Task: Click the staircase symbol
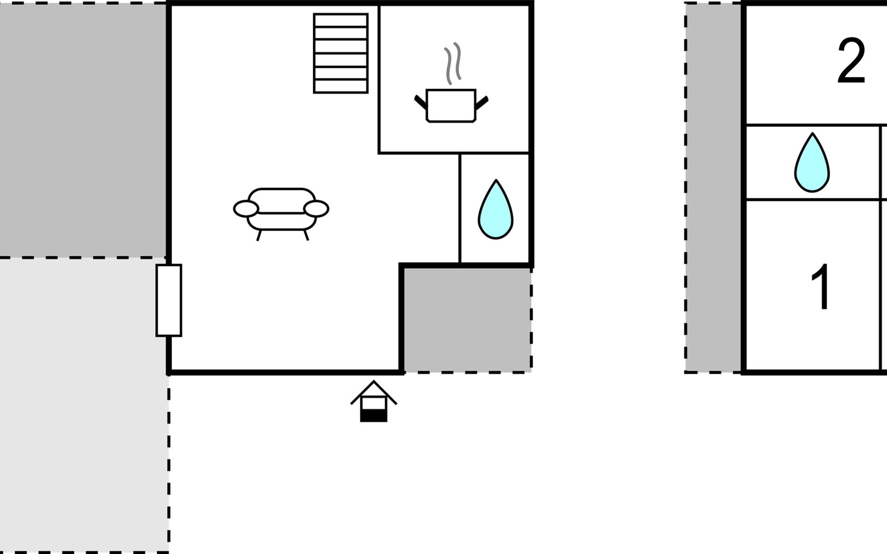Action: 340,53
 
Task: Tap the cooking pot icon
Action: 450,106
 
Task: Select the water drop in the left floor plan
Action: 495,211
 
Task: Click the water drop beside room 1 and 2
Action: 812,164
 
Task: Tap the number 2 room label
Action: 851,61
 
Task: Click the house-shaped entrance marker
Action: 373,401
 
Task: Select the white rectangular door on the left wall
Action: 169,300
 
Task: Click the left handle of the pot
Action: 420,102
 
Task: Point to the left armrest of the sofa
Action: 245,209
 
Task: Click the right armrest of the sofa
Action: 316,209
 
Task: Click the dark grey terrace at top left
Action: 83,129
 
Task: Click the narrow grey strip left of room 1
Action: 714,187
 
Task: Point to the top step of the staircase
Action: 340,20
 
